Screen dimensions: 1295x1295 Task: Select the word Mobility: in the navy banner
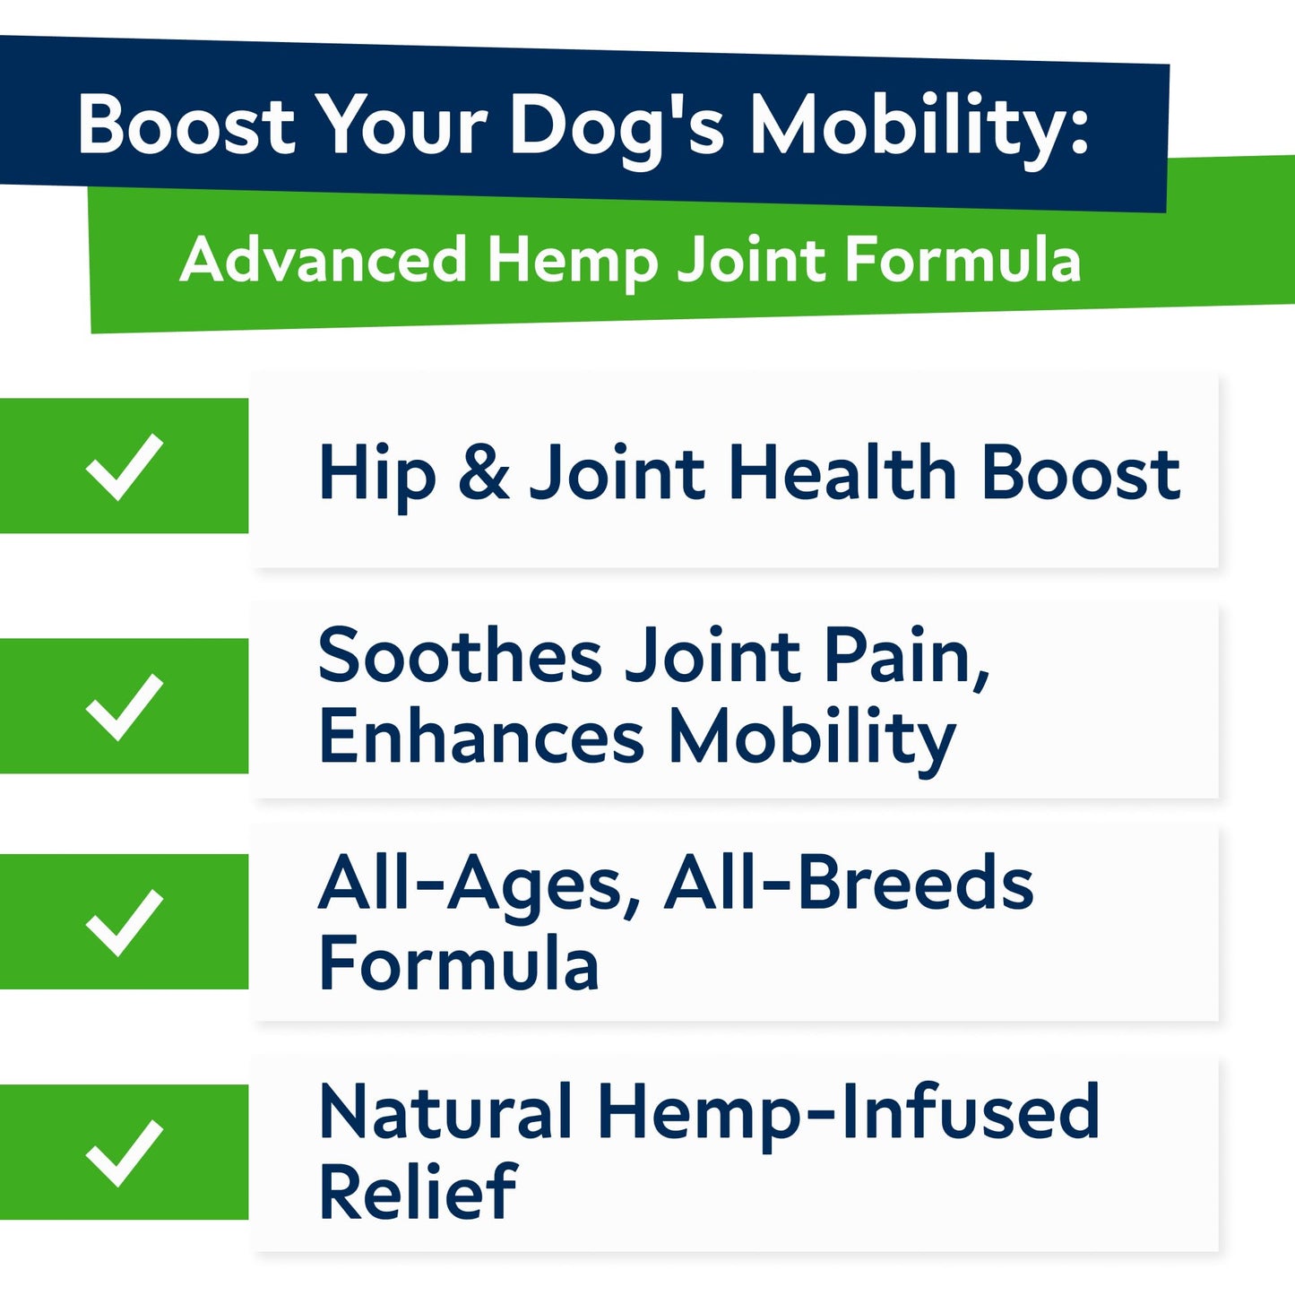pyautogui.click(x=918, y=125)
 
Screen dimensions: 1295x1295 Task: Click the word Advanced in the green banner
pyautogui.click(x=324, y=260)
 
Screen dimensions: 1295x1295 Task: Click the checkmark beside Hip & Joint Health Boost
pyautogui.click(x=125, y=466)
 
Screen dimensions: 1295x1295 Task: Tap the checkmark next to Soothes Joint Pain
pyautogui.click(x=125, y=706)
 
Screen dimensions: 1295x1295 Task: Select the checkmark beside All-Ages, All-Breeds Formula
pyautogui.click(x=125, y=922)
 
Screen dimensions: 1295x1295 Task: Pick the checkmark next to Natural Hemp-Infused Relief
pyautogui.click(x=125, y=1153)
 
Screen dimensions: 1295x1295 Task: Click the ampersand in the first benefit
pyautogui.click(x=483, y=472)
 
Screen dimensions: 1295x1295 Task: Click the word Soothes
pyautogui.click(x=460, y=656)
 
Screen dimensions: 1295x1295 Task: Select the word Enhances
pyautogui.click(x=481, y=737)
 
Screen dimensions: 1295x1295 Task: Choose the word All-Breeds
pyautogui.click(x=849, y=884)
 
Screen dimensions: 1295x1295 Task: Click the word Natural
pyautogui.click(x=445, y=1111)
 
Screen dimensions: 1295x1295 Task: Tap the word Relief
pyautogui.click(x=418, y=1192)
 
